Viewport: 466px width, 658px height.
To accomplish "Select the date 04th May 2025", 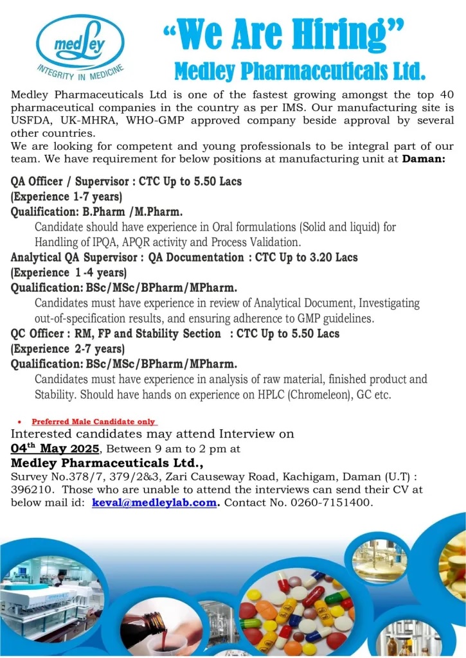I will (x=55, y=447).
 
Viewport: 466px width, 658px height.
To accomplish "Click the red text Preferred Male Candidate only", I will (x=94, y=422).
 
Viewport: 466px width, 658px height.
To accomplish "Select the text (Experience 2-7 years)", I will (x=67, y=349).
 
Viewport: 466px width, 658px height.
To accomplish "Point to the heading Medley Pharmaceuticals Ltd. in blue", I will (x=300, y=69).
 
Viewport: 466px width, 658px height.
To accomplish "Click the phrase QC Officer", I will (x=38, y=333).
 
